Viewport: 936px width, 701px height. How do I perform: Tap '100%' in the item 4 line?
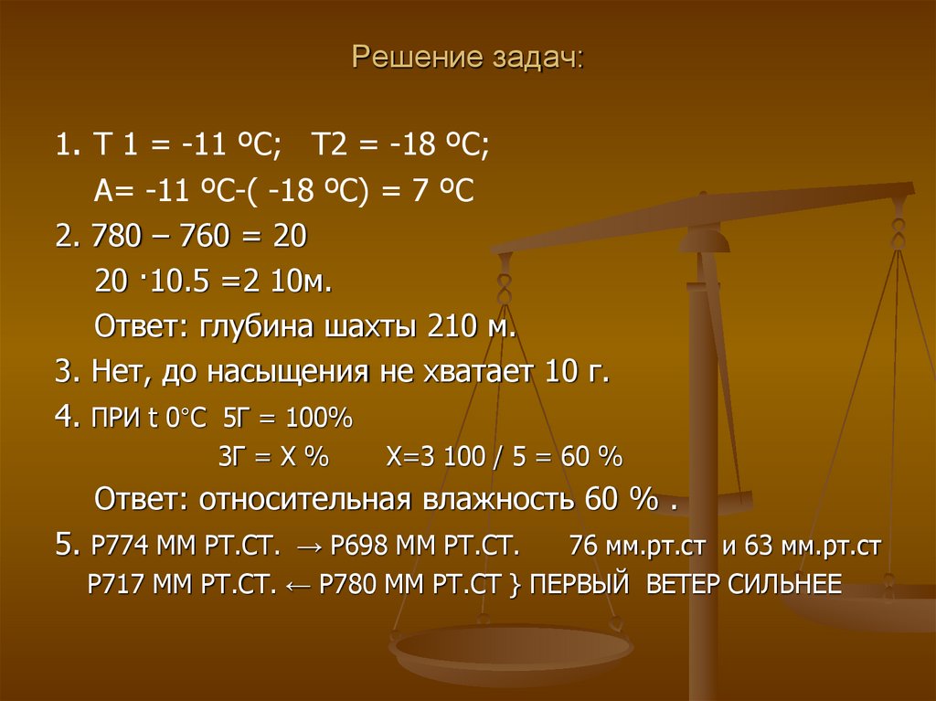point(318,420)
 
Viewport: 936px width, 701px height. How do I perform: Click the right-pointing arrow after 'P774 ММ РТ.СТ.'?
point(309,548)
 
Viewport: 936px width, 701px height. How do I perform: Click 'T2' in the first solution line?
point(327,145)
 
